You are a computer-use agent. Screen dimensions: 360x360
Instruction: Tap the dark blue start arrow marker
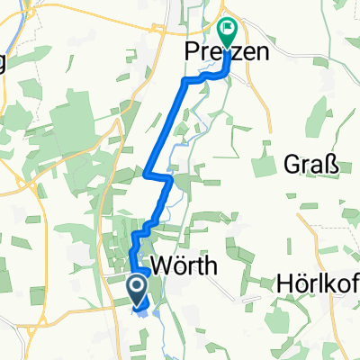tap(138, 290)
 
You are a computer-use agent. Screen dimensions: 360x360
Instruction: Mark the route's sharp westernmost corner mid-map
tap(146, 171)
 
